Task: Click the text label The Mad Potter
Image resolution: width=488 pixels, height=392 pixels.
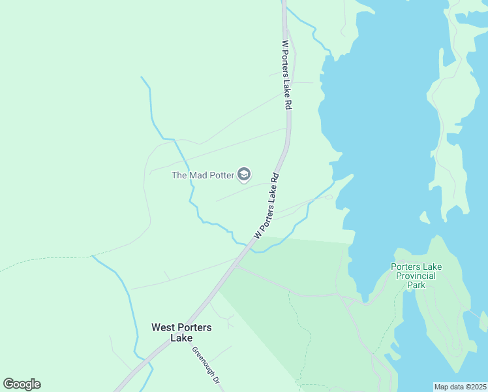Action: [x=202, y=175]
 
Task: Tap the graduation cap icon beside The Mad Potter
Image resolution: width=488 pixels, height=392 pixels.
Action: [x=244, y=174]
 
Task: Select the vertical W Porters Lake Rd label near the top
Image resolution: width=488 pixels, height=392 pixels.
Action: [x=286, y=75]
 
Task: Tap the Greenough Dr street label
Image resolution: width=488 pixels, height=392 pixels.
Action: [x=205, y=367]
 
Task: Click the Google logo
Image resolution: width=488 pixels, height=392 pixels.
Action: [x=22, y=384]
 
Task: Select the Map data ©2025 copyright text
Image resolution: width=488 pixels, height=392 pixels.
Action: [x=461, y=387]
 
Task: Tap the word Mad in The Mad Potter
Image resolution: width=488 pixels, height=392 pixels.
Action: [x=198, y=175]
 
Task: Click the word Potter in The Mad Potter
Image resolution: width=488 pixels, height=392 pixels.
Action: [x=221, y=175]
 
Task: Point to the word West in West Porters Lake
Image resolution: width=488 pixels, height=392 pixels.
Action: [x=164, y=327]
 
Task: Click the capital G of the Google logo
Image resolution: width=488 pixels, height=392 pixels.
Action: [x=8, y=384]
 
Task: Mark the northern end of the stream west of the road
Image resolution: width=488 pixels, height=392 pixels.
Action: [x=142, y=77]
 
